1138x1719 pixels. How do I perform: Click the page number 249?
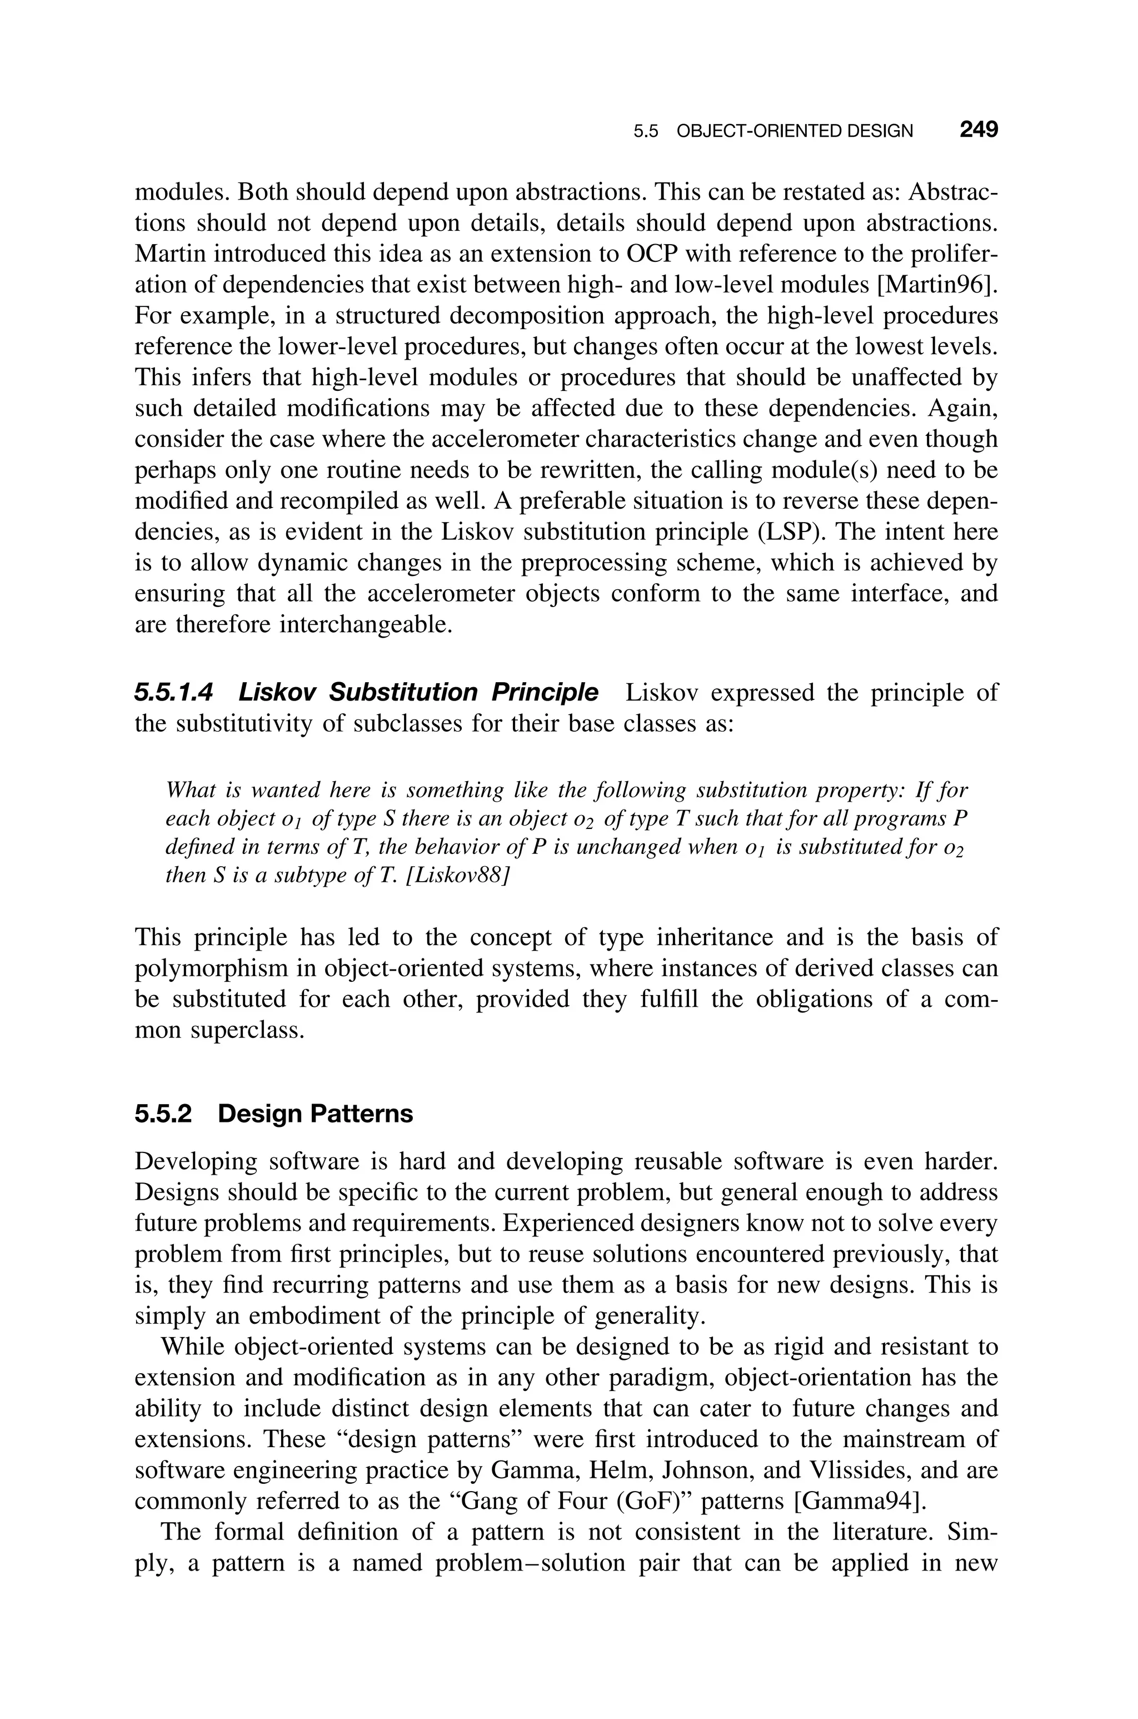point(979,130)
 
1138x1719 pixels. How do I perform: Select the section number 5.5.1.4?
point(173,693)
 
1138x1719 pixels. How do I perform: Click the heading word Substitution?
point(403,693)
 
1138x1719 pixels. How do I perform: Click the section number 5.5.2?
point(163,1114)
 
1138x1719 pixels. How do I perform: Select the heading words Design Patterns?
point(315,1114)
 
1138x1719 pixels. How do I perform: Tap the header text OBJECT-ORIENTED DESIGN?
point(794,131)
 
